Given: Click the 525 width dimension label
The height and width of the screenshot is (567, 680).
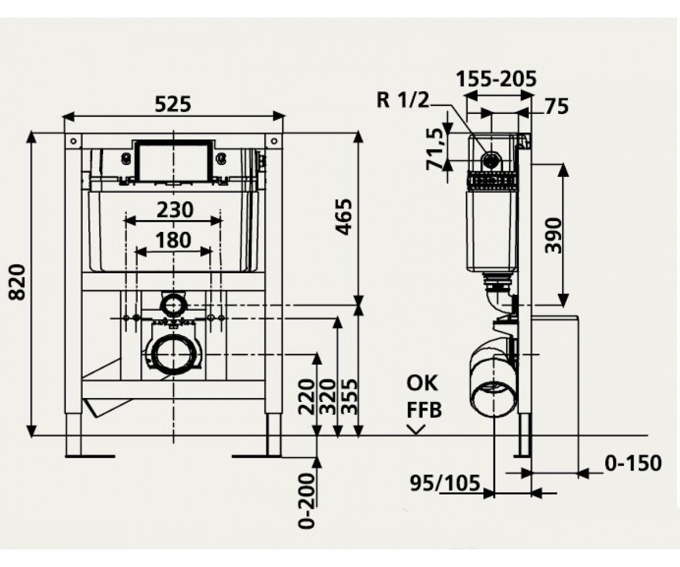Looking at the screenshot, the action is click(x=173, y=104).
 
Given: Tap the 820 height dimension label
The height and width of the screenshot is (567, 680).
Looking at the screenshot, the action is click(x=16, y=282).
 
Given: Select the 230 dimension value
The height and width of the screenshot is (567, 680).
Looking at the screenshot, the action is click(x=175, y=210).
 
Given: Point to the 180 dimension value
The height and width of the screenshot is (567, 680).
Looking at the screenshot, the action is click(x=173, y=240).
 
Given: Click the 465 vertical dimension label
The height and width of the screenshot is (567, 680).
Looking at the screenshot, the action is click(x=344, y=217).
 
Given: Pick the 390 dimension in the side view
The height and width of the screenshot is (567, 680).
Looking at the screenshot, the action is click(x=553, y=236).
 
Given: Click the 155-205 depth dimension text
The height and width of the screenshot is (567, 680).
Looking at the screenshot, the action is click(x=496, y=79).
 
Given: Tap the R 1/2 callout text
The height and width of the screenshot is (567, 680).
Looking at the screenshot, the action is click(x=403, y=99).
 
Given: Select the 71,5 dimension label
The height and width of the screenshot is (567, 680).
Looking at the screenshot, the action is click(x=435, y=149).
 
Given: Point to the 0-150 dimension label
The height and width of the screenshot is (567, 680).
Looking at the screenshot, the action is click(x=633, y=463).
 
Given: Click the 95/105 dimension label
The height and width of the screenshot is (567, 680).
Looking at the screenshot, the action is click(x=445, y=483).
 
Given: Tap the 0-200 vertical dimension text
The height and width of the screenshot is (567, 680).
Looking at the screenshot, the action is click(x=307, y=501).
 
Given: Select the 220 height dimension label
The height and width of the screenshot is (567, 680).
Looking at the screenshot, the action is click(x=307, y=396).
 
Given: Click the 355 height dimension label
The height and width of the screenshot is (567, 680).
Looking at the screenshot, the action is click(x=349, y=396).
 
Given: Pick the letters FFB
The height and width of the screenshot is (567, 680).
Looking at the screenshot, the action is click(x=424, y=410).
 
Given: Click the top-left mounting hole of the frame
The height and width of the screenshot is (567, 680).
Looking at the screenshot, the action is click(x=73, y=141).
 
